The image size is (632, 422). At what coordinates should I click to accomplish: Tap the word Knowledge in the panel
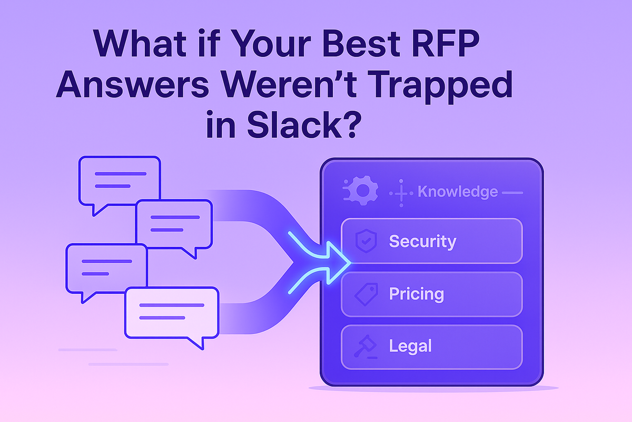point(457,191)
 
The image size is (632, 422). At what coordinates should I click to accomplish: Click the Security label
point(422,242)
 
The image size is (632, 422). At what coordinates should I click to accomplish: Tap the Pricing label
point(416,294)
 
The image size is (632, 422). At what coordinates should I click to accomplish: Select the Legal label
point(410,347)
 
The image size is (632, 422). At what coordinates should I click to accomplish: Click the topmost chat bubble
point(119,180)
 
